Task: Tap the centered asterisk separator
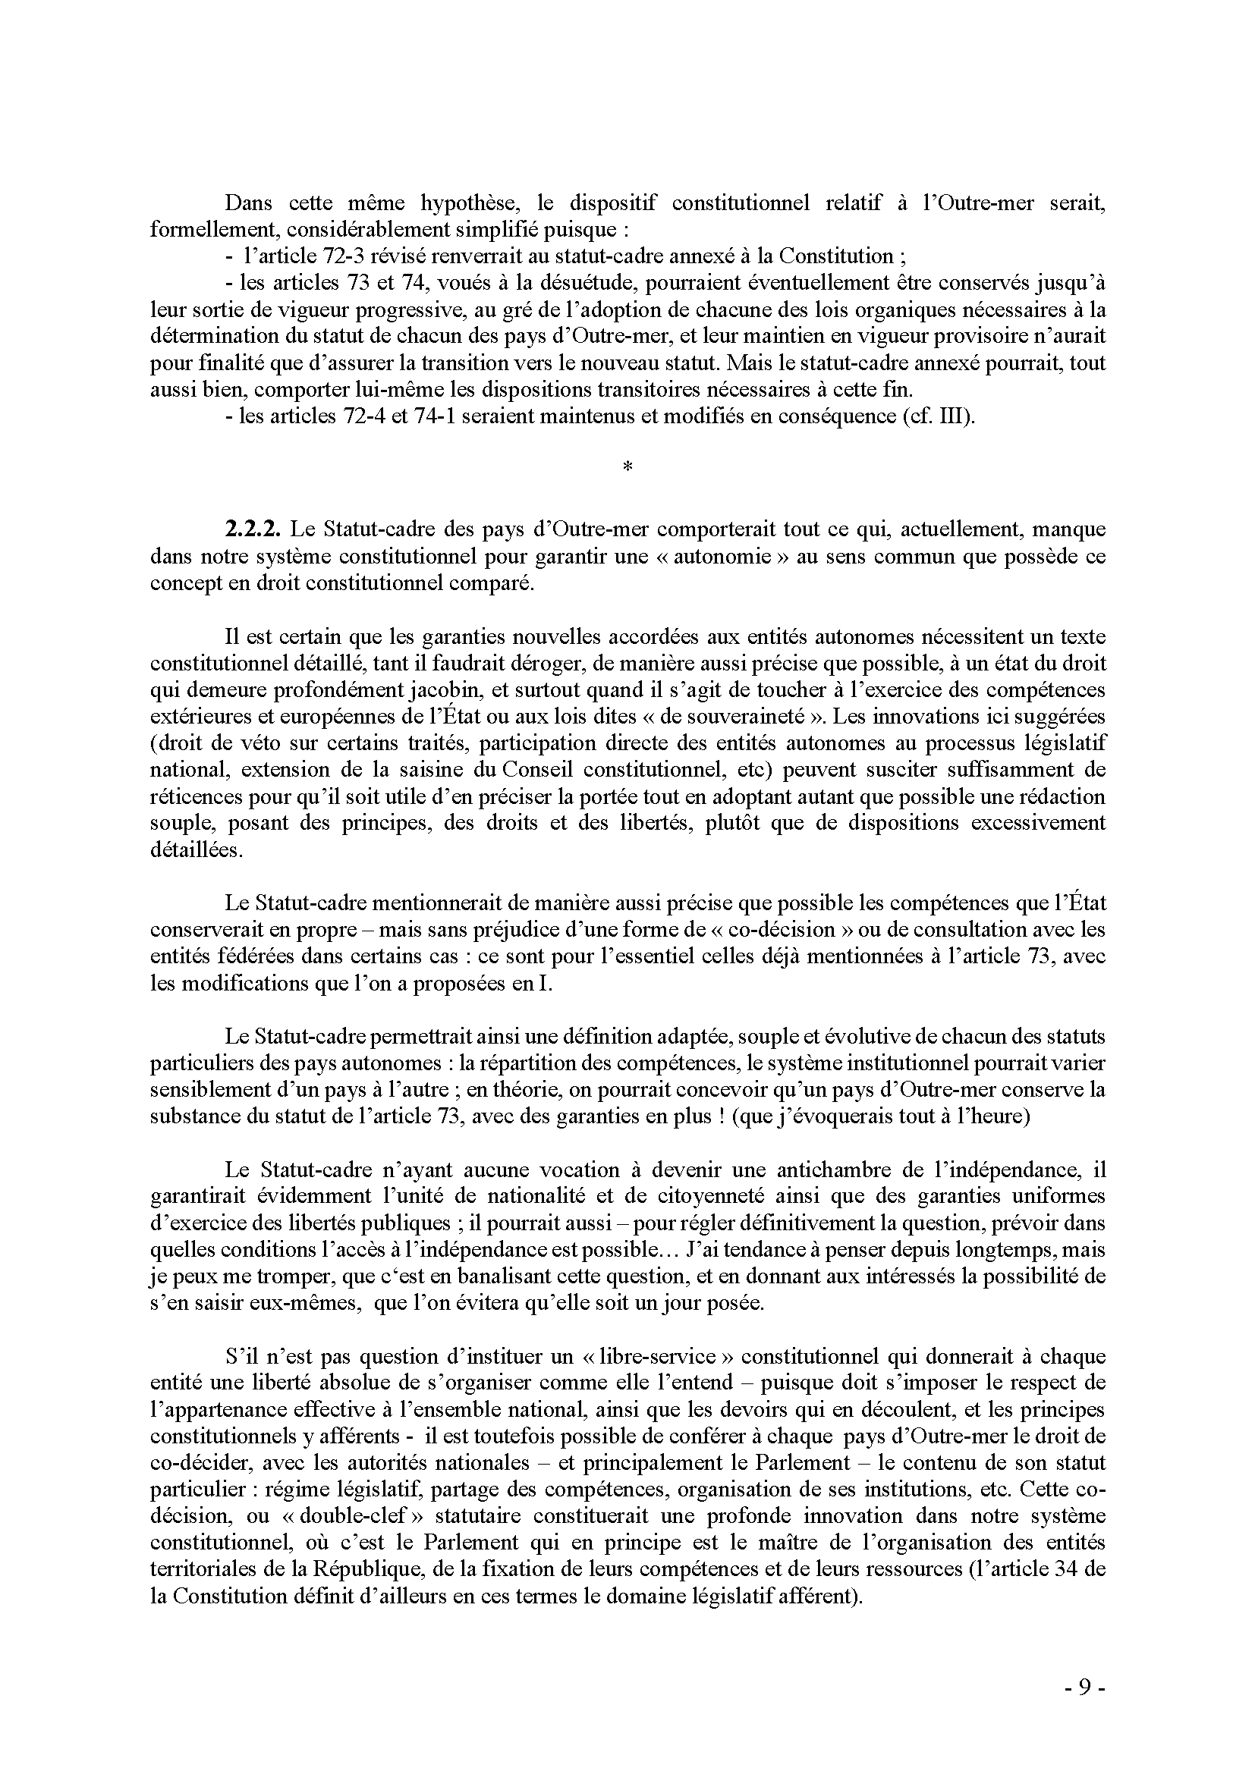(x=627, y=466)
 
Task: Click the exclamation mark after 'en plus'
(x=719, y=1116)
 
